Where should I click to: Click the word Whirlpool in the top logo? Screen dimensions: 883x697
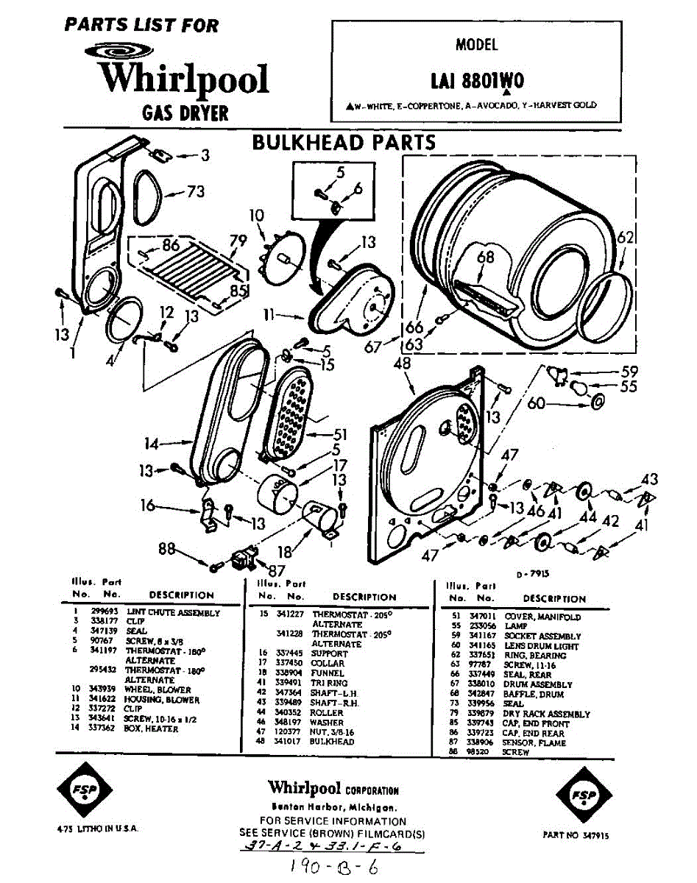[185, 78]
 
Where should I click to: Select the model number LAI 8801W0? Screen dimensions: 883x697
[478, 78]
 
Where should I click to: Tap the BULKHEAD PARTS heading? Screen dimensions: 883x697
[344, 141]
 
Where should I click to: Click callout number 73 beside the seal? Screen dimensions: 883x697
[194, 192]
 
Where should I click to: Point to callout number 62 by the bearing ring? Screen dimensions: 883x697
[625, 238]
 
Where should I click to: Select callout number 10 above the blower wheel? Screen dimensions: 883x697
[255, 216]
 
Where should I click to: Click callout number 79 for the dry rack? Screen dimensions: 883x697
[237, 239]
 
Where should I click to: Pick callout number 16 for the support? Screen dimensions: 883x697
[149, 505]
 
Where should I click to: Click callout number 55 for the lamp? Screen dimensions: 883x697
[628, 386]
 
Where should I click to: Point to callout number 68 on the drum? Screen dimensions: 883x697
[485, 258]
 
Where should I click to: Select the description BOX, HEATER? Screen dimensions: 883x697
[152, 728]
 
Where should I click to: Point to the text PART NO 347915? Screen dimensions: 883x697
[575, 835]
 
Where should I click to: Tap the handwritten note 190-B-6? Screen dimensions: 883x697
[335, 866]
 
